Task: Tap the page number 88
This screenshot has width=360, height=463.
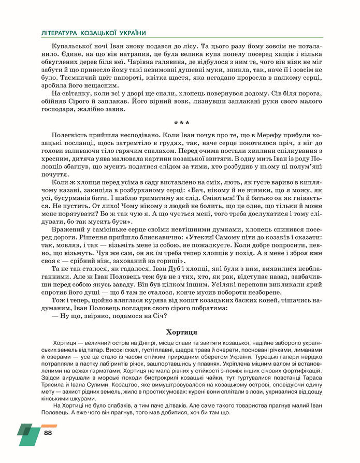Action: click(x=48, y=432)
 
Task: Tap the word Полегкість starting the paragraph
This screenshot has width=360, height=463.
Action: click(x=71, y=135)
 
